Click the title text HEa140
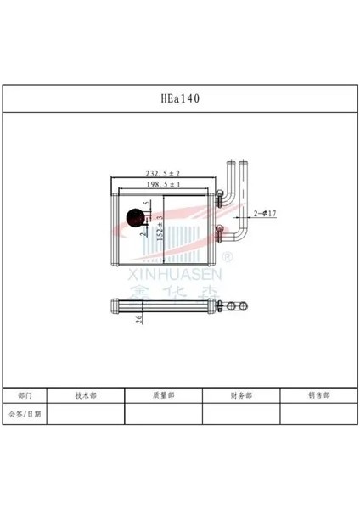pyautogui.click(x=180, y=98)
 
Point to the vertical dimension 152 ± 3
pyautogui.click(x=160, y=227)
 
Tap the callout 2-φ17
pyautogui.click(x=265, y=214)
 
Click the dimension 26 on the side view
pyautogui.click(x=138, y=318)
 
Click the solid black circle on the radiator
pyautogui.click(x=134, y=218)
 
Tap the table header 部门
pyautogui.click(x=25, y=396)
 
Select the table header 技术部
pyautogui.click(x=87, y=396)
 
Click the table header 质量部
pyautogui.click(x=164, y=396)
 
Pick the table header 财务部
pyautogui.click(x=241, y=396)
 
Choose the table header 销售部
pyautogui.click(x=318, y=396)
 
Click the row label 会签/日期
pyautogui.click(x=25, y=414)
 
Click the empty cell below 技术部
pyautogui.click(x=87, y=414)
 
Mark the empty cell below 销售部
pyautogui.click(x=318, y=414)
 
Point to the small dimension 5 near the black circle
pyautogui.click(x=148, y=204)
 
